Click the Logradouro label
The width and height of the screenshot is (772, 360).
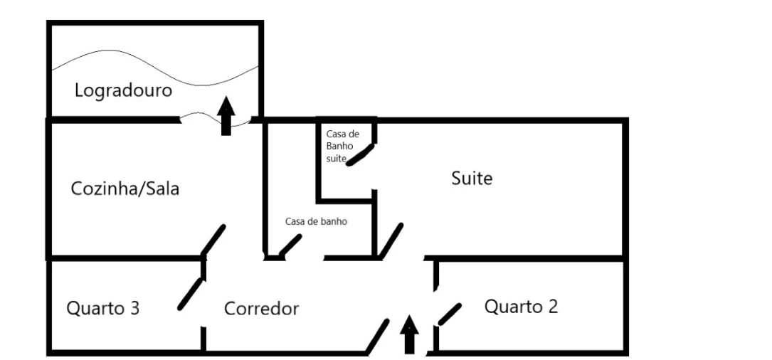pyautogui.click(x=123, y=91)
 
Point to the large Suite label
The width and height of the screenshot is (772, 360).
pyautogui.click(x=472, y=178)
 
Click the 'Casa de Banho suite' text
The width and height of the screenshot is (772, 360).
pyautogui.click(x=343, y=147)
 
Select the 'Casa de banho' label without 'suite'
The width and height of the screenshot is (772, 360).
pyautogui.click(x=316, y=221)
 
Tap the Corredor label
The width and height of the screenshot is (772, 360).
pyautogui.click(x=261, y=309)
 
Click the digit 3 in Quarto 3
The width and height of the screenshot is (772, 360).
pyautogui.click(x=134, y=309)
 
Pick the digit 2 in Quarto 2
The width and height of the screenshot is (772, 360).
pyautogui.click(x=552, y=307)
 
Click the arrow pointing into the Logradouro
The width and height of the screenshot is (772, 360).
pyautogui.click(x=226, y=117)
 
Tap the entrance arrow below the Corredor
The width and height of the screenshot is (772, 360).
pyautogui.click(x=410, y=335)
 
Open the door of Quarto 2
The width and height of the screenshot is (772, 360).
pyautogui.click(x=450, y=312)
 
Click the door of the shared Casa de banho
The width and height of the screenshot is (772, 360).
pyautogui.click(x=289, y=246)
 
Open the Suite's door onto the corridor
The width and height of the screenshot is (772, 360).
pyautogui.click(x=391, y=240)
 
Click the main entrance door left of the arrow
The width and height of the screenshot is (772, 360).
pyautogui.click(x=378, y=336)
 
